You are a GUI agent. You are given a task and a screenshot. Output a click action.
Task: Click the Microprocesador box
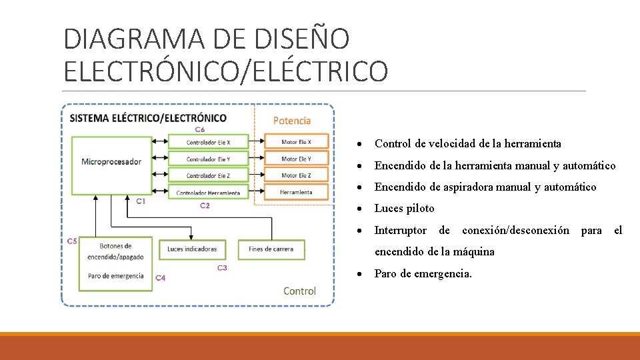click(x=111, y=162)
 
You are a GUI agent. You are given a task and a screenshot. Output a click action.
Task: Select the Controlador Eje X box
click(x=208, y=142)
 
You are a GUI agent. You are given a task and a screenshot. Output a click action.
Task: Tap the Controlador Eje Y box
click(x=208, y=159)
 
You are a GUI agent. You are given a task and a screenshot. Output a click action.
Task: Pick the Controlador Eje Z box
click(x=208, y=175)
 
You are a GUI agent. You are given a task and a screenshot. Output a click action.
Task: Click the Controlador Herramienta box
click(x=208, y=193)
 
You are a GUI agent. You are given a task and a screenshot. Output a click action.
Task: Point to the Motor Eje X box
click(x=296, y=141)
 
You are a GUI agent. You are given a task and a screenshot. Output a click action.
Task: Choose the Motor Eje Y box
click(x=296, y=159)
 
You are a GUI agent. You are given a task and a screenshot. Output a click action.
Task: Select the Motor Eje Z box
click(x=296, y=175)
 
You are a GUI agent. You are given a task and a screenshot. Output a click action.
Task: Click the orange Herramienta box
click(x=296, y=192)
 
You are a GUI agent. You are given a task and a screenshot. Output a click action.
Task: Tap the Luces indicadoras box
click(x=192, y=249)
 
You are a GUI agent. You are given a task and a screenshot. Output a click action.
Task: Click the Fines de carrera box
click(x=271, y=249)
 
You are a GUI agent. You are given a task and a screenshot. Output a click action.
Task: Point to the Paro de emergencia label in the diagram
click(x=115, y=276)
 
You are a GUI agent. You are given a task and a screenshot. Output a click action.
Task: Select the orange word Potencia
click(x=292, y=121)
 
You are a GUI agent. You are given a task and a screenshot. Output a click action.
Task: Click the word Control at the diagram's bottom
click(x=299, y=291)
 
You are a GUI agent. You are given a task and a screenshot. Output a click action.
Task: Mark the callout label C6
click(x=200, y=129)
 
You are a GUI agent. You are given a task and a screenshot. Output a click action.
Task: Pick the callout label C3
click(x=222, y=268)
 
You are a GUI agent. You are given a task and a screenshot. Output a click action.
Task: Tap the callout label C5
click(x=71, y=241)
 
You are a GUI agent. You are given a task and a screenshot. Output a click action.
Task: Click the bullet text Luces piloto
click(x=404, y=209)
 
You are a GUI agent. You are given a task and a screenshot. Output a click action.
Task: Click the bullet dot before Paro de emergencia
click(x=359, y=274)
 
